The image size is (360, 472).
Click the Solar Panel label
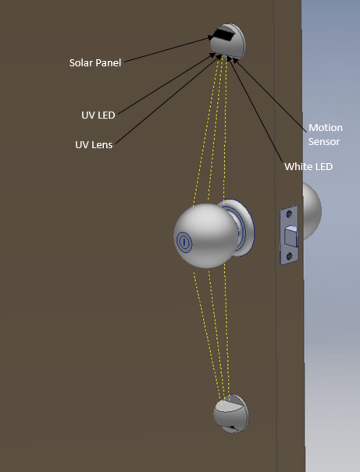click(95, 63)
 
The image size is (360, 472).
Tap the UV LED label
click(98, 115)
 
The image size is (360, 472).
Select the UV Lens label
click(94, 145)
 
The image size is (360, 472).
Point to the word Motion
click(325, 128)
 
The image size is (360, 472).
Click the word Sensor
click(324, 142)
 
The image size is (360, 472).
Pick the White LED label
click(308, 167)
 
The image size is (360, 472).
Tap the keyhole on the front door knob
click(183, 241)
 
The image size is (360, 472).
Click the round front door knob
click(205, 236)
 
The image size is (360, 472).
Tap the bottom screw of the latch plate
click(289, 257)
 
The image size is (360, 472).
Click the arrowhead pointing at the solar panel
click(210, 38)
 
